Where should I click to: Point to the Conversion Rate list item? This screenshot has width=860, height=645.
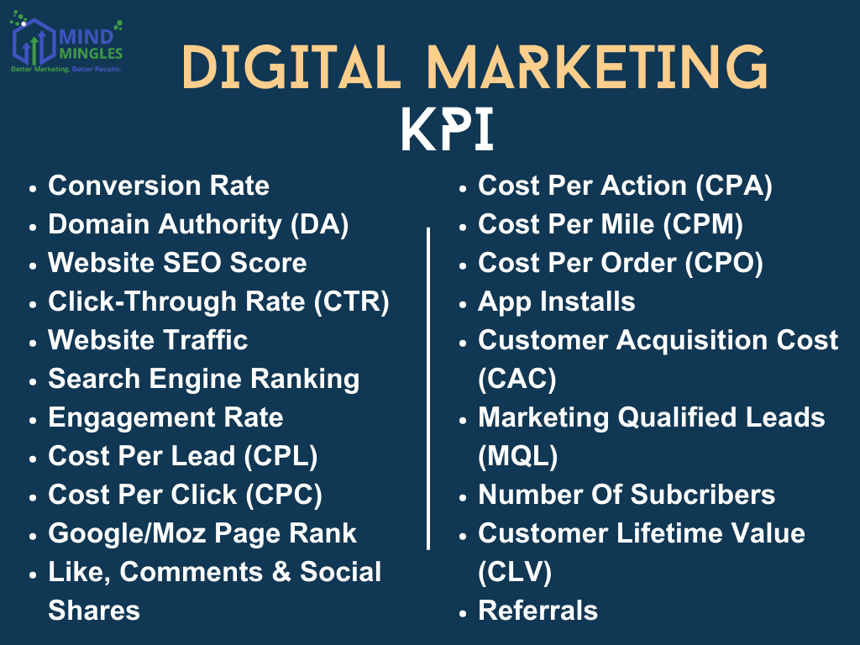click(159, 186)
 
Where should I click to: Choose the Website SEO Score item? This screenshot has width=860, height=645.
click(177, 263)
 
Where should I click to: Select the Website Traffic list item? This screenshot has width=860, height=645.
click(148, 340)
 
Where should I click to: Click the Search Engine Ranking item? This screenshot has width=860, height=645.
click(203, 379)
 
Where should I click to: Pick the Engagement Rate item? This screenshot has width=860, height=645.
click(165, 417)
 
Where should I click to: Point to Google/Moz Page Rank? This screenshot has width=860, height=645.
click(202, 533)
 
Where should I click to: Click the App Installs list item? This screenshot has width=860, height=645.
click(556, 302)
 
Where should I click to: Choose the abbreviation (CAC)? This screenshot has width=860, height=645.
click(517, 379)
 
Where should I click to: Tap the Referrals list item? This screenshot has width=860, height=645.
click(537, 611)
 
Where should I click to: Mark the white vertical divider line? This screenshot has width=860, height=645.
click(429, 386)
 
